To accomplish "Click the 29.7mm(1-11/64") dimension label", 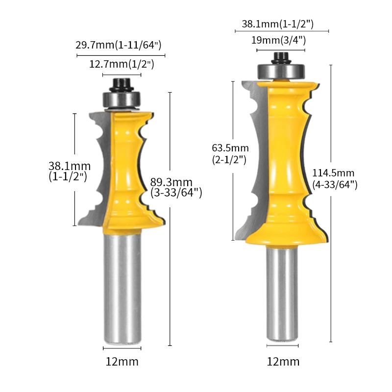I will pos(118,45).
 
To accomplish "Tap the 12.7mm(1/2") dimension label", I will pos(122,64).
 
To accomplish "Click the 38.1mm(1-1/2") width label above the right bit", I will pos(277,24).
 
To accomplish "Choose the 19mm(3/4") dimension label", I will pos(278,40).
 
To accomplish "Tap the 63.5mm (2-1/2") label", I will pos(230,153).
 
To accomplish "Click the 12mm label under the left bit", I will pos(122,362).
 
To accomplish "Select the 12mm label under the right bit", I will pos(283,362).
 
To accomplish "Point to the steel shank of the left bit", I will pos(122,289).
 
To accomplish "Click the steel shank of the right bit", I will pos(282,294).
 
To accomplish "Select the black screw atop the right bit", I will pos(281,56).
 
